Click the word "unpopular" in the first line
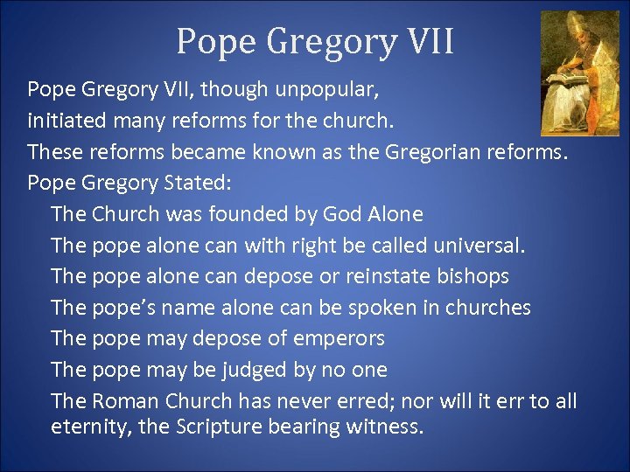(328, 90)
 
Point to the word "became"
(208, 152)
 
